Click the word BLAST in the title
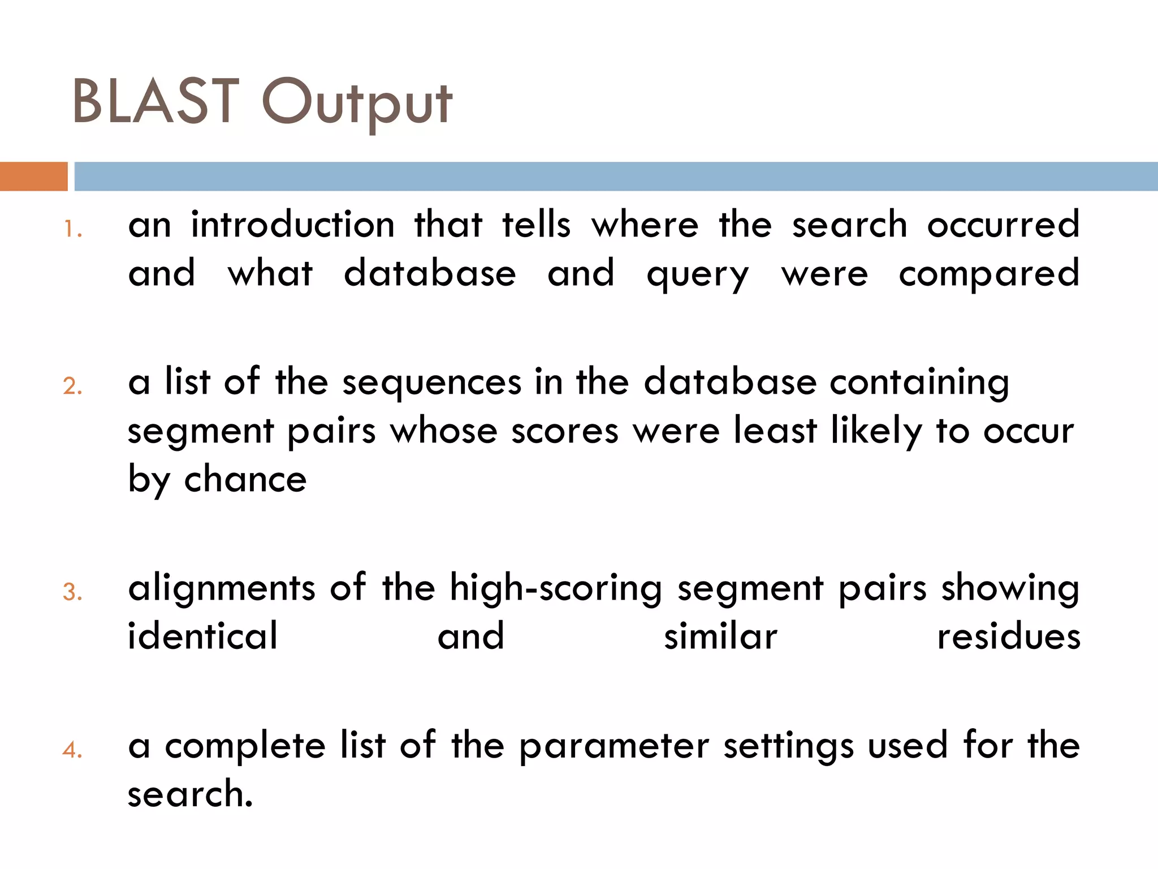156,102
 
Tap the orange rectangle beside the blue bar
33,177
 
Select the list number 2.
72,386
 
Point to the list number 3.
72,592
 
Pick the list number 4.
72,750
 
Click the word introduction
292,225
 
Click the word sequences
432,383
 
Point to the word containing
919,383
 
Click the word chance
245,480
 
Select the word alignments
221,588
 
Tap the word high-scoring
555,588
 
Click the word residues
1009,637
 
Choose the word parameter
613,747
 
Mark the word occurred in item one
1003,225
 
